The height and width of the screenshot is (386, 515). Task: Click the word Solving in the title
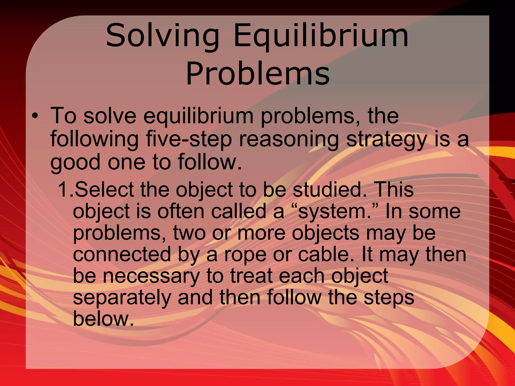tap(162, 36)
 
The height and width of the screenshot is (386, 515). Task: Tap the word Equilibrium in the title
tap(321, 36)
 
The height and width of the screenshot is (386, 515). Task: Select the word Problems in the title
tap(257, 73)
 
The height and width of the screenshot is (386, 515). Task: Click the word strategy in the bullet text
tap(386, 139)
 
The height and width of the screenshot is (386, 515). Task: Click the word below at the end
tap(103, 319)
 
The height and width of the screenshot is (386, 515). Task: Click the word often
tap(181, 211)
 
